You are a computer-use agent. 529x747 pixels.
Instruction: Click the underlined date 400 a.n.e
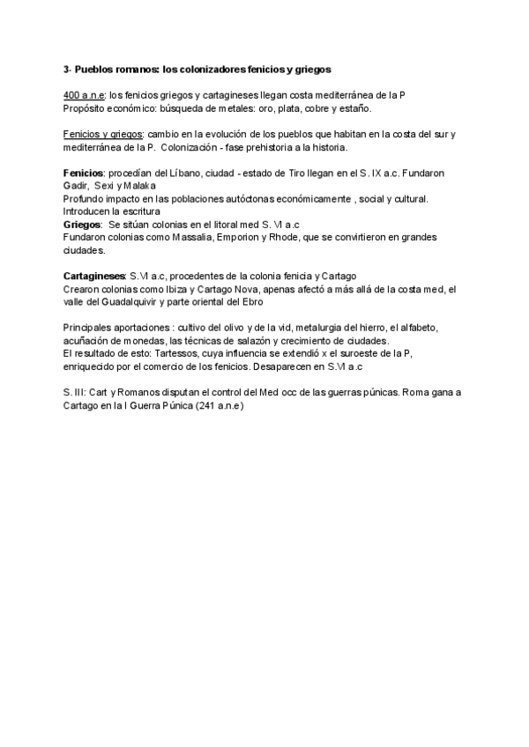click(x=84, y=95)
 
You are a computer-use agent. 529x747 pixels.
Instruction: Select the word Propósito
click(x=86, y=108)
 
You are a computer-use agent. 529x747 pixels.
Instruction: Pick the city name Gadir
click(x=76, y=186)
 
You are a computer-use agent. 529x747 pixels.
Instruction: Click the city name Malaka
click(x=137, y=186)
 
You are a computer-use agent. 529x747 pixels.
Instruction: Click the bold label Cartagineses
click(x=94, y=276)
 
